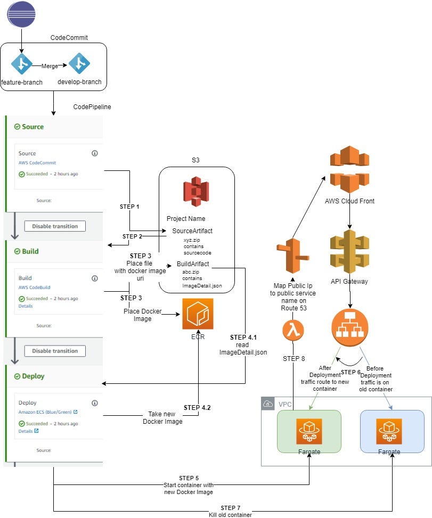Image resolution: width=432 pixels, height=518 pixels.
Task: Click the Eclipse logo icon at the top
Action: pos(21,15)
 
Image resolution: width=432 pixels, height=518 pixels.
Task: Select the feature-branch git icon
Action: pos(22,63)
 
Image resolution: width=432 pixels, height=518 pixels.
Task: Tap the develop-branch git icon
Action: pos(79,63)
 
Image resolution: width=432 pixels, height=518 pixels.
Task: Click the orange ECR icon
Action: pos(198,314)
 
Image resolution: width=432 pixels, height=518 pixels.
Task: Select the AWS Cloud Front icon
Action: pos(349,169)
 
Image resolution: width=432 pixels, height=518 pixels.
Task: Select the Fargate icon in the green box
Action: pos(309,431)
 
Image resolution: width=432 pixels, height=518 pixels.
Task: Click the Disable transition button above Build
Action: pos(55,226)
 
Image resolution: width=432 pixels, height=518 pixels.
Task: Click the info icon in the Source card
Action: pos(95,153)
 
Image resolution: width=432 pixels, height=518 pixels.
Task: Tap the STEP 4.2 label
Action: pos(198,408)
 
